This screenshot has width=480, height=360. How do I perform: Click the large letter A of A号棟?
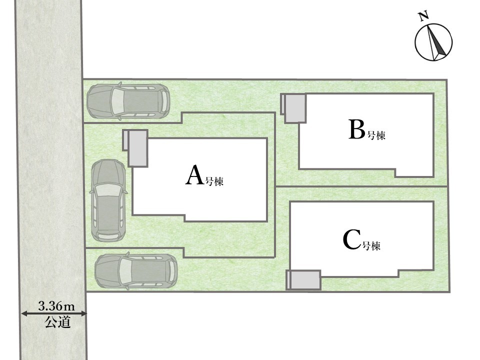[x=194, y=175]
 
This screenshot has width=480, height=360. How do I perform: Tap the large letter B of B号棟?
[x=357, y=129]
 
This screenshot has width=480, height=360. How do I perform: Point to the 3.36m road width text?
[x=56, y=306]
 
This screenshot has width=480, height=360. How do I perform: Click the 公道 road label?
[x=58, y=322]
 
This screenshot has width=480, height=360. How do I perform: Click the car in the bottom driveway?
[x=136, y=271]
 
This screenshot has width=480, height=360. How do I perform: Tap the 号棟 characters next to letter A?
[x=214, y=181]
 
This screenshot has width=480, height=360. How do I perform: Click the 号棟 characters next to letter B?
[x=376, y=134]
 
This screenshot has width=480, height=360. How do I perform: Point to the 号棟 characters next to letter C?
[x=371, y=245]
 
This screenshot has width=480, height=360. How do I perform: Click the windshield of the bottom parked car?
[x=125, y=271]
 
